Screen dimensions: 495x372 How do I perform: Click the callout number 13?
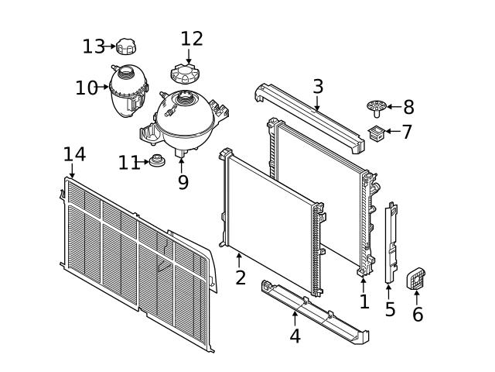(94, 46)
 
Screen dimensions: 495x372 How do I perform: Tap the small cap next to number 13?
(126, 46)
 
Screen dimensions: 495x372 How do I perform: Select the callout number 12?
(192, 39)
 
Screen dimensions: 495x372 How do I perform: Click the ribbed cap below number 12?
(185, 74)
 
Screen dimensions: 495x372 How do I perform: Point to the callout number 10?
(87, 88)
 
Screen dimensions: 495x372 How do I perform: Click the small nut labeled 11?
(157, 160)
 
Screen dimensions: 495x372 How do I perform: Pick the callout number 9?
(183, 183)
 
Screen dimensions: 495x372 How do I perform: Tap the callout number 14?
(74, 154)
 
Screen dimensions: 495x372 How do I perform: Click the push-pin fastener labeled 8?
(377, 108)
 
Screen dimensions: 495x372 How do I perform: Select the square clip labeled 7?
(377, 133)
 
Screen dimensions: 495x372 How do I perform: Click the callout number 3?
(318, 86)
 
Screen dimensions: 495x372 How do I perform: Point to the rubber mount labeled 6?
(416, 278)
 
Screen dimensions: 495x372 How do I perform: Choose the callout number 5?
(390, 309)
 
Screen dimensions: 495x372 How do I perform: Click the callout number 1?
(364, 301)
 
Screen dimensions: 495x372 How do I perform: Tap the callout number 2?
(241, 277)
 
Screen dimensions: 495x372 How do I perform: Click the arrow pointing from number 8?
(394, 107)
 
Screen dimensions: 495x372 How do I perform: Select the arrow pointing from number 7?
(393, 131)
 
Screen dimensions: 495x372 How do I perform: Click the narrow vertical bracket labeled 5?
(391, 243)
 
